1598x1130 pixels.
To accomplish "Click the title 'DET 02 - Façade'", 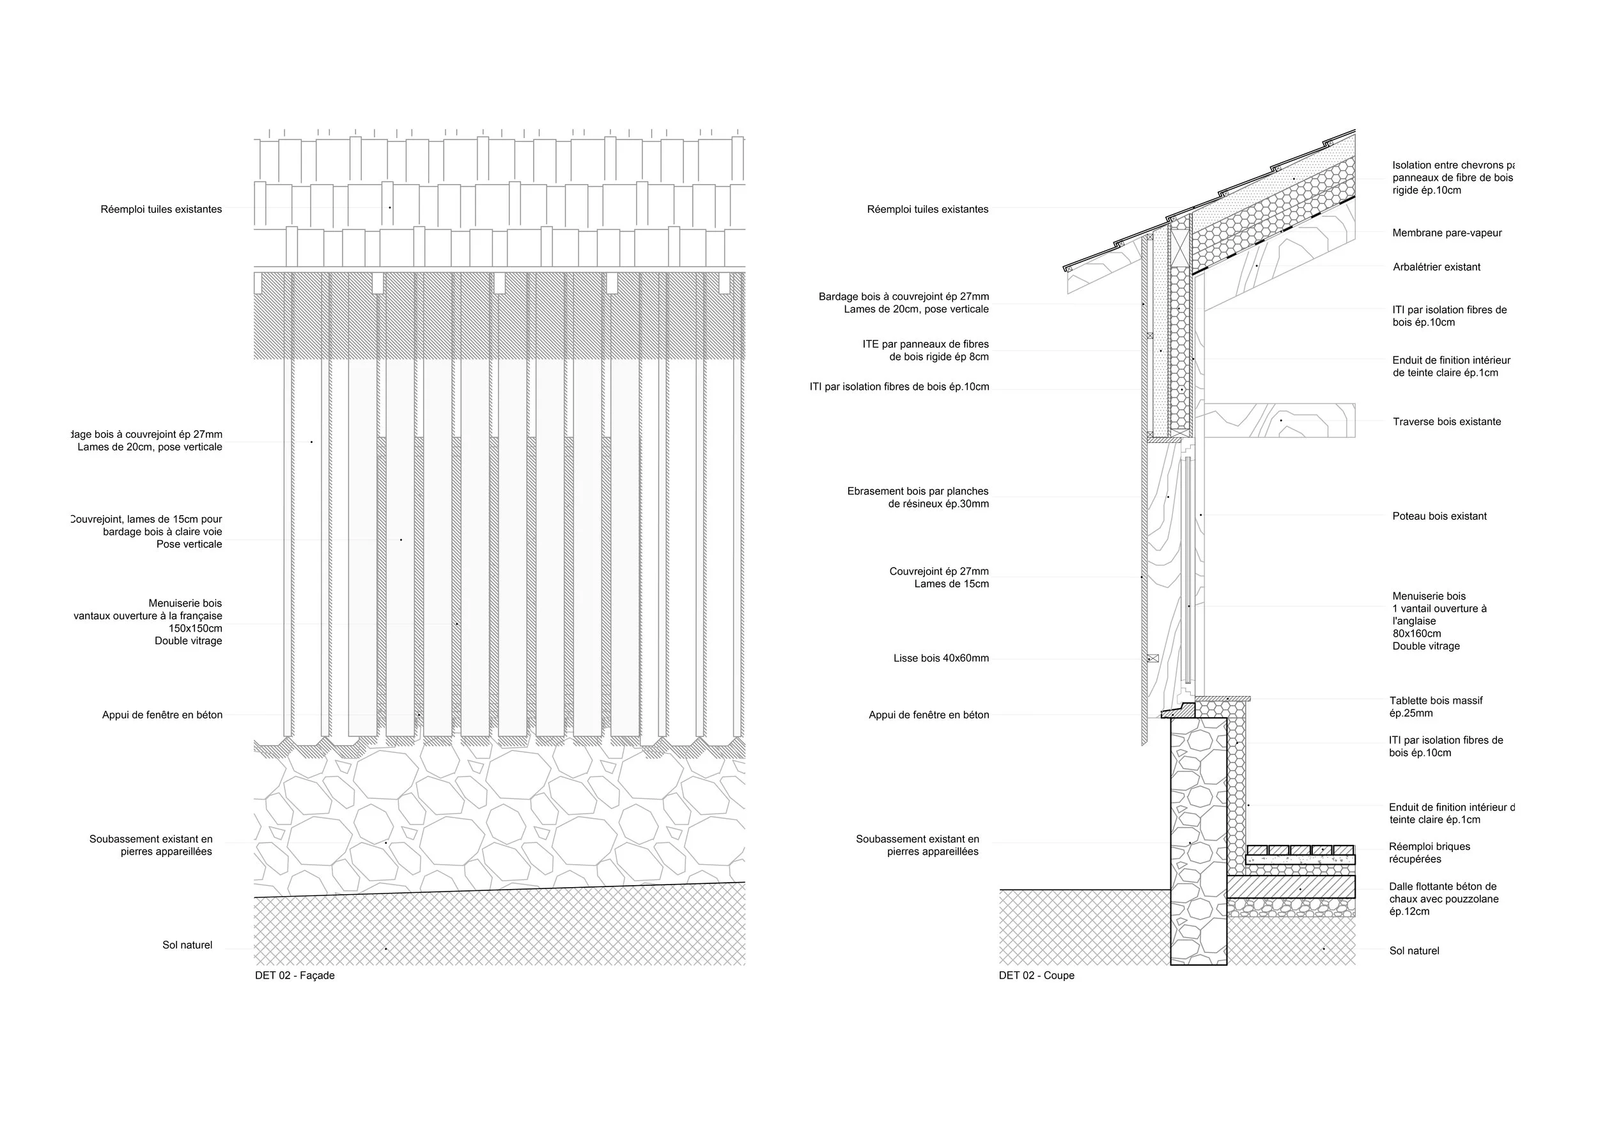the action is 295,975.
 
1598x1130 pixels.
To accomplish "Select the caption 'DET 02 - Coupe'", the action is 1036,975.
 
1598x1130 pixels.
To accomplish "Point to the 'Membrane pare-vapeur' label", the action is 1447,233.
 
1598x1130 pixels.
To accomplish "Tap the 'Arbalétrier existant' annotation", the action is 1436,267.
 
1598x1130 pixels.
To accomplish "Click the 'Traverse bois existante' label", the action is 1447,422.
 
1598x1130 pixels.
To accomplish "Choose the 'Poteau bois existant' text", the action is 1439,516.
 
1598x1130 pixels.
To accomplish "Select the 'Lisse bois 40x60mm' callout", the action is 940,658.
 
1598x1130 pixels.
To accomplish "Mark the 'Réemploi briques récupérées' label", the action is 1429,853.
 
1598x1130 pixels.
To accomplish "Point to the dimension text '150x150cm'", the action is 195,628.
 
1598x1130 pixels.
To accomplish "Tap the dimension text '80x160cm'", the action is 1416,634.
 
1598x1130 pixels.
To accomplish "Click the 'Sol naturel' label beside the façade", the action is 187,945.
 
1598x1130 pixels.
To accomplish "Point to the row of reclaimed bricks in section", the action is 1299,849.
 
